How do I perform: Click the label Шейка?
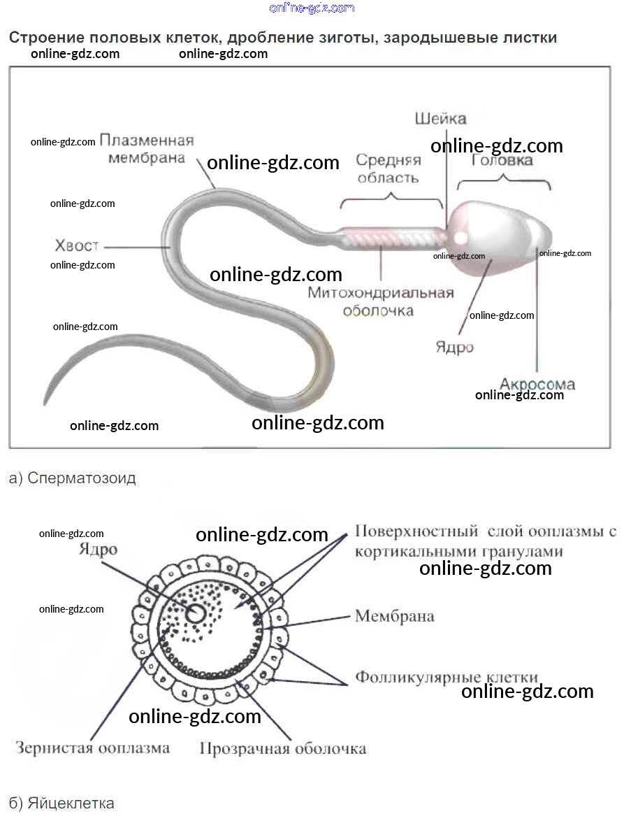pyautogui.click(x=440, y=118)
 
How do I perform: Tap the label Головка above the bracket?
pyautogui.click(x=502, y=161)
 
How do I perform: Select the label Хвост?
pyautogui.click(x=77, y=246)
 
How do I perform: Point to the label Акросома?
pyautogui.click(x=537, y=383)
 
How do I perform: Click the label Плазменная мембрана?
pyautogui.click(x=147, y=148)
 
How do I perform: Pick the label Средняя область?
pyautogui.click(x=389, y=169)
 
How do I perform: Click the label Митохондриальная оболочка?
pyautogui.click(x=381, y=301)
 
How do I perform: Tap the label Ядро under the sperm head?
pyautogui.click(x=454, y=347)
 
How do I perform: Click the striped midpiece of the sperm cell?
pyautogui.click(x=391, y=238)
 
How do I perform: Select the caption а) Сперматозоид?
pyautogui.click(x=73, y=478)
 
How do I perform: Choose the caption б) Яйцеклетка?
pyautogui.click(x=61, y=803)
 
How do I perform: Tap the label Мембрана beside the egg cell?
pyautogui.click(x=395, y=616)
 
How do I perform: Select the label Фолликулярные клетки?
pyautogui.click(x=447, y=677)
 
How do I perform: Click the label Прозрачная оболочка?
pyautogui.click(x=283, y=748)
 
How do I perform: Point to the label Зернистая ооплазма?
pyautogui.click(x=92, y=748)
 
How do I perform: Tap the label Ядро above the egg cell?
pyautogui.click(x=98, y=550)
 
